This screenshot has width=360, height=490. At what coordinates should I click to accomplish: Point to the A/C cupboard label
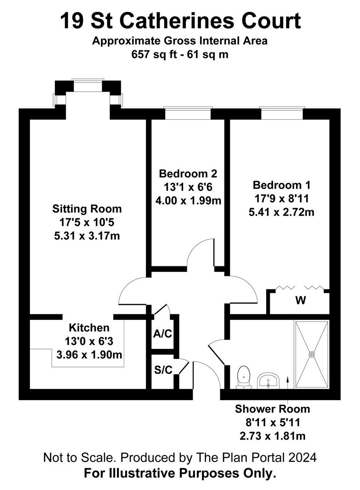pos(162,334)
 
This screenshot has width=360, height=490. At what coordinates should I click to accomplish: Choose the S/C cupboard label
pos(162,370)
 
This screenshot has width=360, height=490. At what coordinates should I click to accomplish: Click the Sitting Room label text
pos(87,209)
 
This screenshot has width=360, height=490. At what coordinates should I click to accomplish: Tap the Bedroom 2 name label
pos(188,174)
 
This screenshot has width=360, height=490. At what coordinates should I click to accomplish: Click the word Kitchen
pos(89,328)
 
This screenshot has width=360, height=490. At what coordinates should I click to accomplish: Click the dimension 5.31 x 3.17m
pos(87,236)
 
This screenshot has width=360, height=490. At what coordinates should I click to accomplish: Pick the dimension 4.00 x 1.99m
pos(188,200)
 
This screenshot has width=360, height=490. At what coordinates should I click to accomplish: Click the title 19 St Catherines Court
pos(180,20)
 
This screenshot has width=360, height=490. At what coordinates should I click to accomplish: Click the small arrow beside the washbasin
pos(287,382)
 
